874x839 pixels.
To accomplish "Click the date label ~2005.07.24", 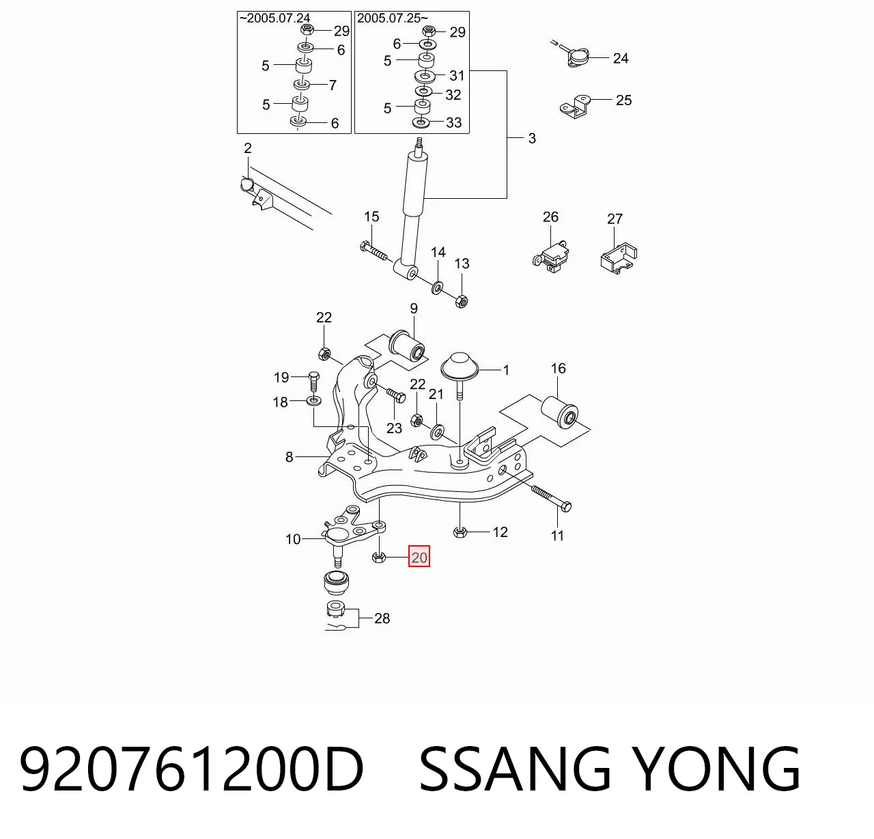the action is [275, 18].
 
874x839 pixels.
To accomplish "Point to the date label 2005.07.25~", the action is [393, 18].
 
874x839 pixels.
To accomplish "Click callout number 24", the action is [621, 59].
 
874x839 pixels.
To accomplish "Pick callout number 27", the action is [615, 219].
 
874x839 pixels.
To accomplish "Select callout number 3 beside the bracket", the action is [532, 139].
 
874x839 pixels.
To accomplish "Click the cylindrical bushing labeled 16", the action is [559, 411].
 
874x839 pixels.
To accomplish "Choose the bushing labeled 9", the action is [406, 346].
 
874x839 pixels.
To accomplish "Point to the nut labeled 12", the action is [460, 532].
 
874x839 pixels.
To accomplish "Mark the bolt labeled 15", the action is [373, 251].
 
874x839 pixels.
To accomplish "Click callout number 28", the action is [382, 618].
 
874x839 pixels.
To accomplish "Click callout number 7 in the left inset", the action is [333, 85].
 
